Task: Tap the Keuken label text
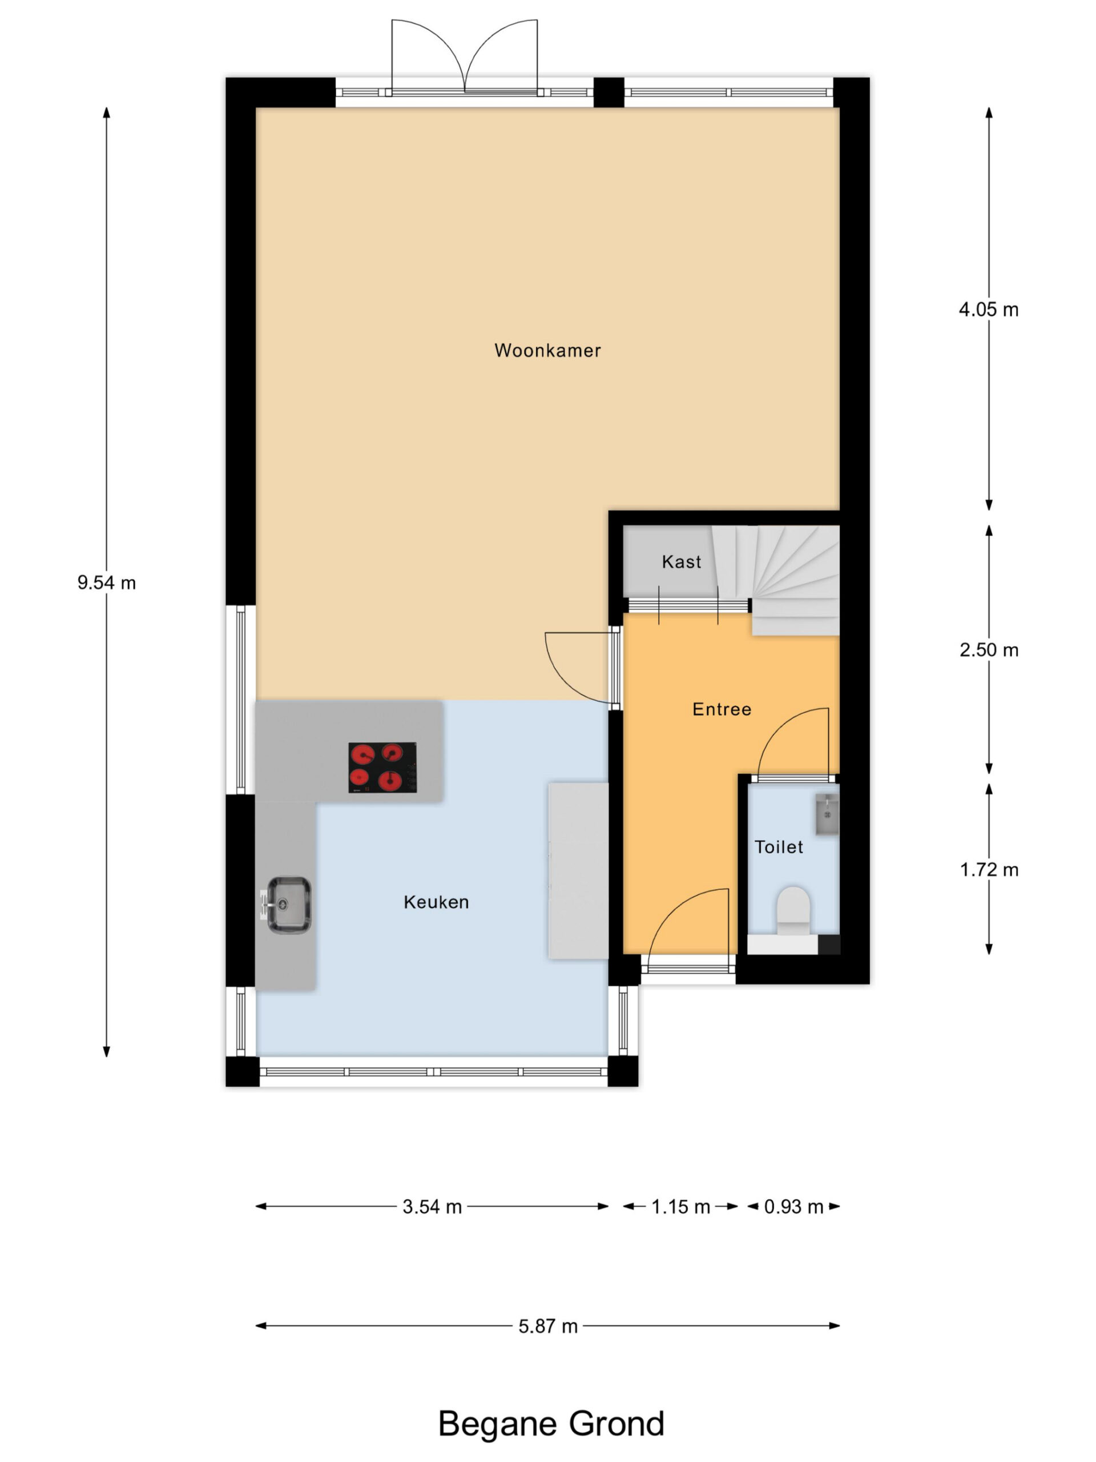436,902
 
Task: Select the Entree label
722,709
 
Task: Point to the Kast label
681,562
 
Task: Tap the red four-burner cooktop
382,768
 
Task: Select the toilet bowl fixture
793,911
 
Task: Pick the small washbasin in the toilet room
827,815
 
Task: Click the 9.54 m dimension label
106,583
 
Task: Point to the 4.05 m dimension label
988,310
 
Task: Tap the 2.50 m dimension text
988,650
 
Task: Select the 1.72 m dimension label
988,870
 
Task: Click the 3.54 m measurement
432,1207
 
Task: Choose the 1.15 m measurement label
680,1207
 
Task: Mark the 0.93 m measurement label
793,1207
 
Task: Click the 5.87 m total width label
547,1326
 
